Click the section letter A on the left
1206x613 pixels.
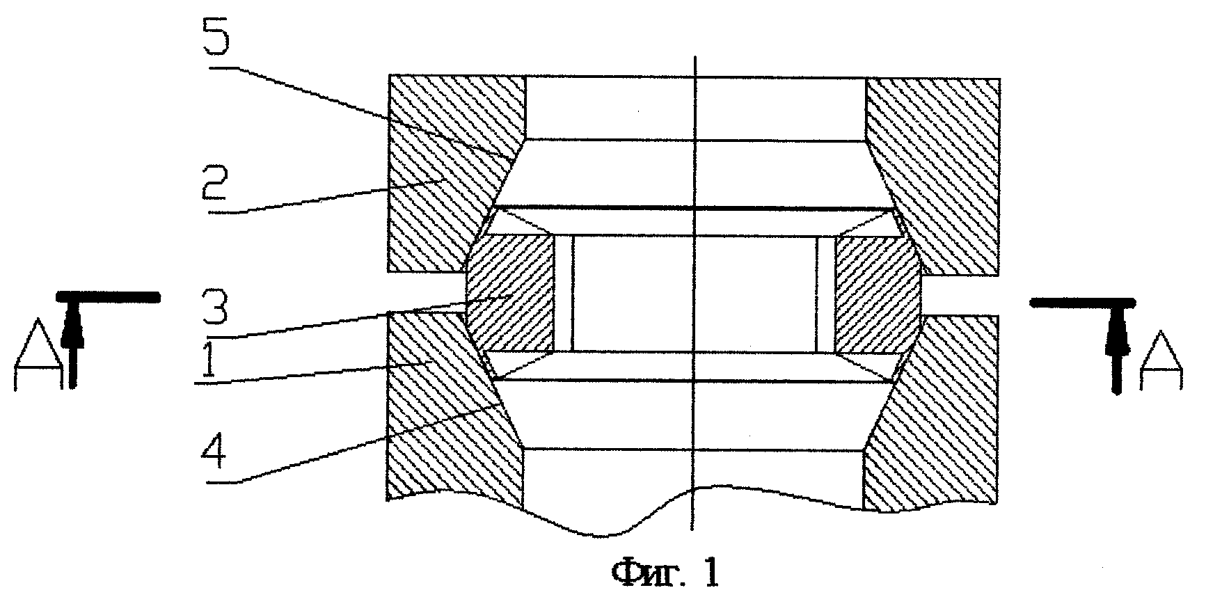pyautogui.click(x=35, y=360)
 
